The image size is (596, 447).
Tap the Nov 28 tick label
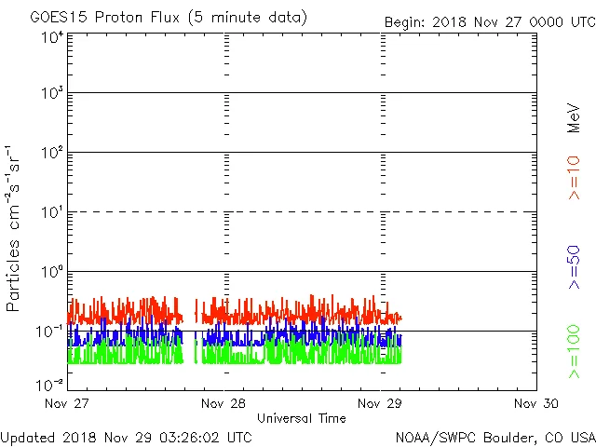(223, 403)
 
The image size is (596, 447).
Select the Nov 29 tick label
(380, 403)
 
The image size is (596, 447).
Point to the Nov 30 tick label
(536, 403)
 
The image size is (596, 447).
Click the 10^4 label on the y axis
(52, 37)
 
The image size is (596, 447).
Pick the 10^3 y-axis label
(52, 94)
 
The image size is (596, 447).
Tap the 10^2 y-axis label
(52, 153)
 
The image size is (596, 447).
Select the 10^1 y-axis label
(52, 212)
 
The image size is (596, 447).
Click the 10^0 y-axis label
(52, 272)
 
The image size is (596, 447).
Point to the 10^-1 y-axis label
(50, 332)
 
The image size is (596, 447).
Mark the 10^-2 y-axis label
(50, 384)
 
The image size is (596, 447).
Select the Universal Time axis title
(302, 418)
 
